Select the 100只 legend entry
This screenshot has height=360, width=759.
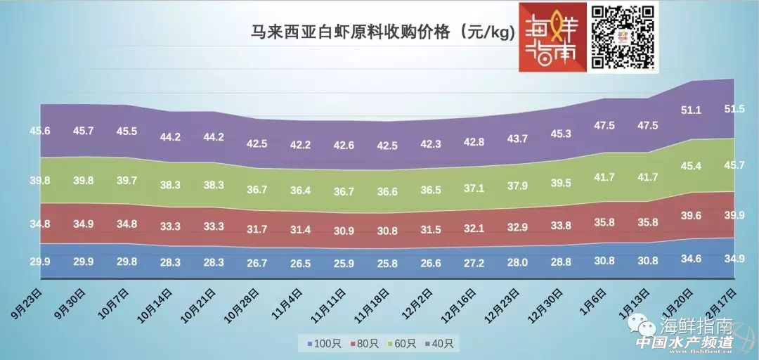(x=324, y=344)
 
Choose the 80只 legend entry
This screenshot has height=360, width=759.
(x=363, y=344)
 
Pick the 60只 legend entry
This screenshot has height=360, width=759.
(x=402, y=344)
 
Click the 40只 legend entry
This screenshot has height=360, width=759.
(x=441, y=344)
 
